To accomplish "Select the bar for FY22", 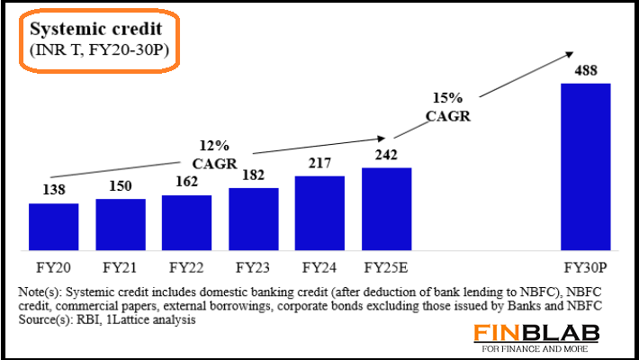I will (186, 222).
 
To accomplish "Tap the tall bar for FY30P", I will (585, 166).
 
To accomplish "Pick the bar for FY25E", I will (386, 209).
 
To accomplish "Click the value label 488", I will (585, 71).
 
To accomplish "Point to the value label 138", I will (53, 192).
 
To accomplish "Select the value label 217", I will (319, 165).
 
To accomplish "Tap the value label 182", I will (253, 176).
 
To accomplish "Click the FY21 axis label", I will (120, 267).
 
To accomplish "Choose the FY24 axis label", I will (319, 267).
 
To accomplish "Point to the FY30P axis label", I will (586, 267).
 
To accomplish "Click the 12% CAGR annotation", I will (215, 154).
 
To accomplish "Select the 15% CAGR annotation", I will (448, 107).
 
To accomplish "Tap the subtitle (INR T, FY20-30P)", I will (94, 49).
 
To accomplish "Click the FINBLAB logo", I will (548, 332).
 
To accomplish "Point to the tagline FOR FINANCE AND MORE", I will (548, 347).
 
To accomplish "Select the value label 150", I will (120, 186).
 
